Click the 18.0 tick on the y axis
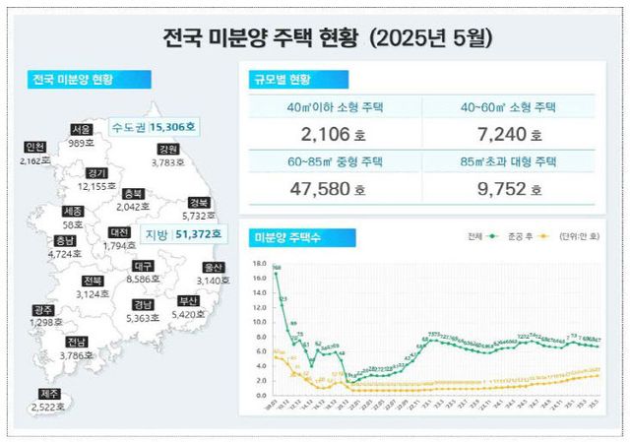260,264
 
